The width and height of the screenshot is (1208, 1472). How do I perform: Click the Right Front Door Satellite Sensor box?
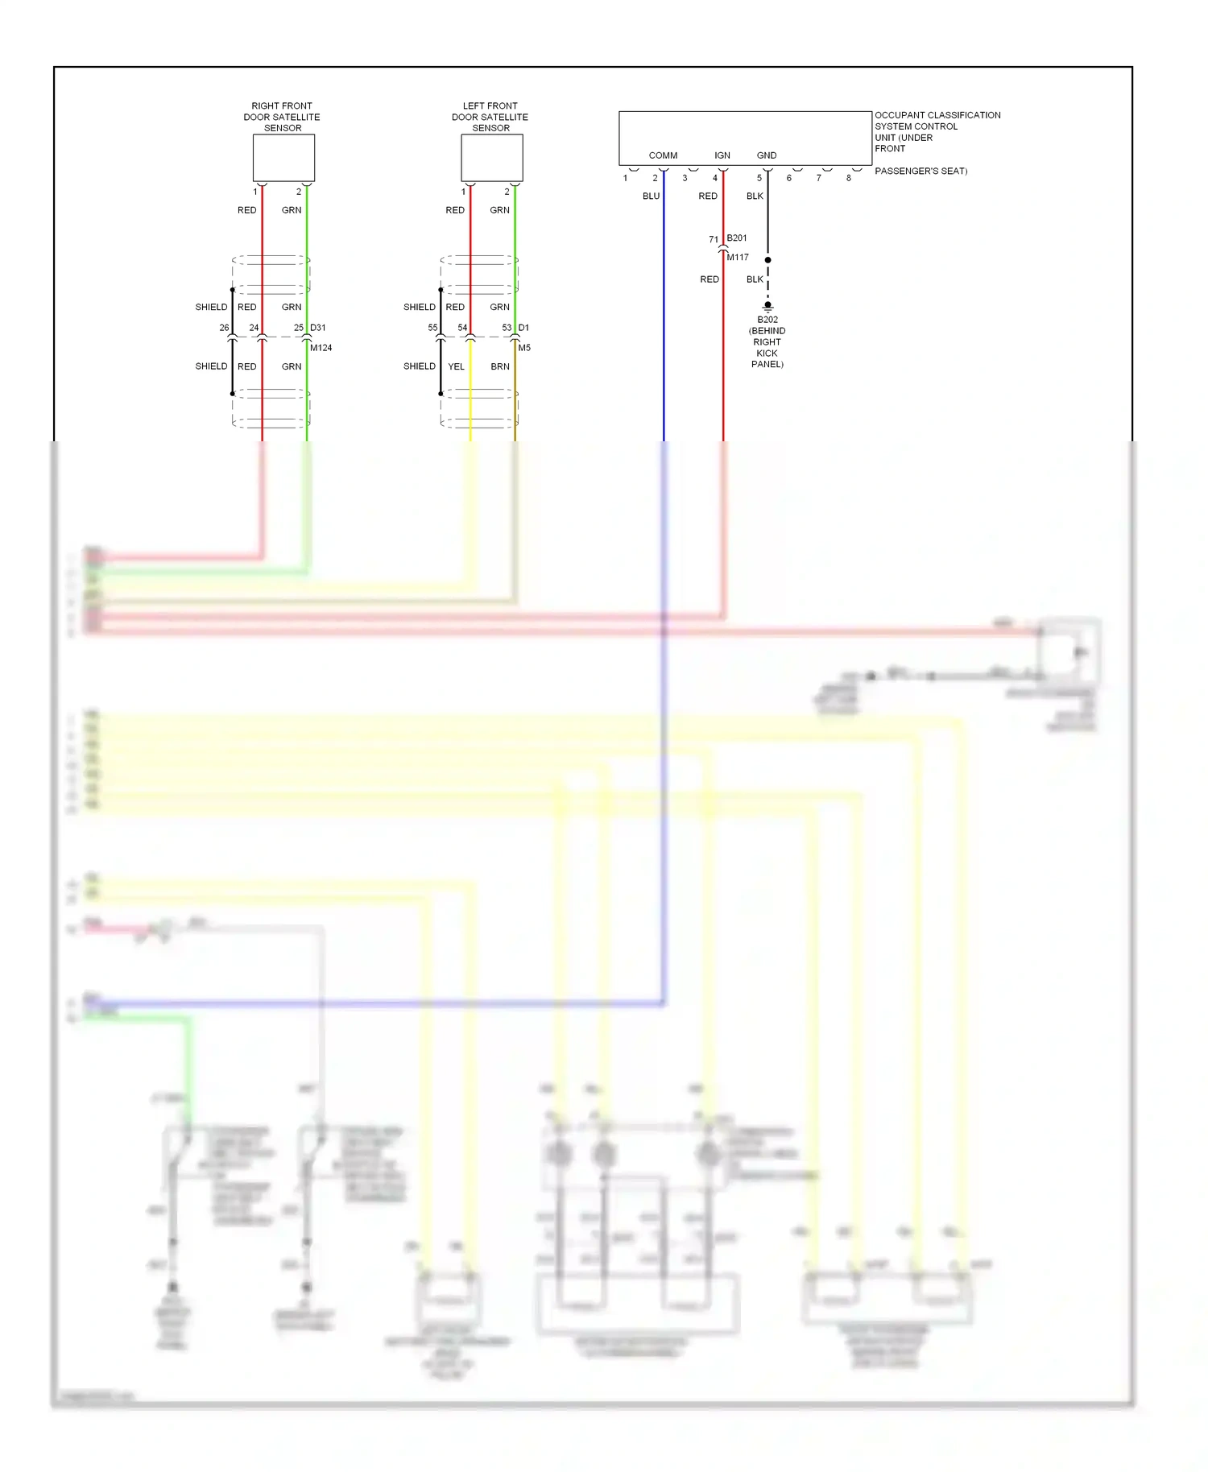click(283, 158)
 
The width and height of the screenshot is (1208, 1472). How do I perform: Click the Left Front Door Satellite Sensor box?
click(491, 158)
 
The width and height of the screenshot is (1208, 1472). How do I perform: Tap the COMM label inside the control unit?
click(663, 155)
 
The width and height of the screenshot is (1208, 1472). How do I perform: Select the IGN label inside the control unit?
click(722, 155)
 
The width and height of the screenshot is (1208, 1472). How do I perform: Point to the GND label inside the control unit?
click(767, 155)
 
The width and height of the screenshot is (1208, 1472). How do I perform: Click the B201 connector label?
click(737, 238)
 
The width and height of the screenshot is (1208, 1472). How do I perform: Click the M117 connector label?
click(738, 258)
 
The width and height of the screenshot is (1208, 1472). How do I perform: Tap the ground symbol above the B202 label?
click(767, 307)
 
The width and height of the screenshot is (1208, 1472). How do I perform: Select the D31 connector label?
click(318, 328)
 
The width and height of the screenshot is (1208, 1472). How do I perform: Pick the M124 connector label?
click(321, 348)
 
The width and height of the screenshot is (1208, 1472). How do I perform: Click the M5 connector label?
click(524, 348)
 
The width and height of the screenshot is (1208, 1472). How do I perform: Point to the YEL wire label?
click(457, 366)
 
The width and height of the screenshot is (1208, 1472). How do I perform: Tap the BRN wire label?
click(500, 366)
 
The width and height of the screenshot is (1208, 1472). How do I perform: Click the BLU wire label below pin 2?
click(651, 196)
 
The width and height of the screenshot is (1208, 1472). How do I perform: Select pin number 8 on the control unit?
click(848, 178)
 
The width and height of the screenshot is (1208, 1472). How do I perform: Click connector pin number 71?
click(714, 240)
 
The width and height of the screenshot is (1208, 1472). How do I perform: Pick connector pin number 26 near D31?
click(225, 328)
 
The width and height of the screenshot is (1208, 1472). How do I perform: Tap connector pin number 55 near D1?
click(432, 328)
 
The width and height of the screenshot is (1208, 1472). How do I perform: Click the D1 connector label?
click(524, 328)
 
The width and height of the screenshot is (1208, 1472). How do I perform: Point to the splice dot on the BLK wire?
click(767, 260)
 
